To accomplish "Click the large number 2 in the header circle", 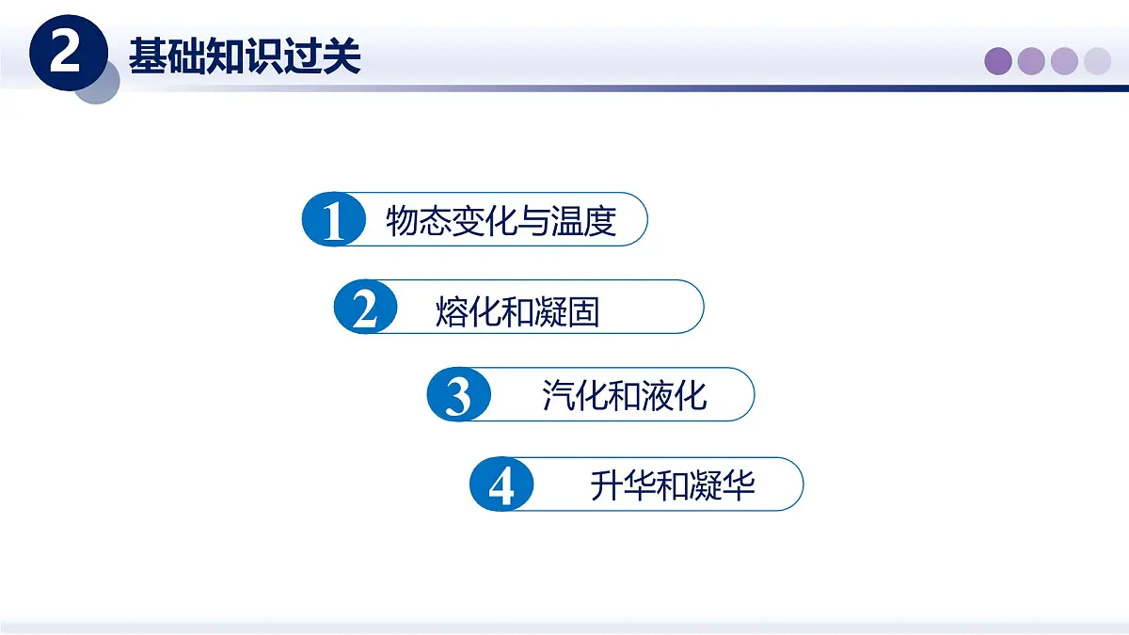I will [65, 55].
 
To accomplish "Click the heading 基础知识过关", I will [245, 56].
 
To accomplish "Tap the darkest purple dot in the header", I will [998, 61].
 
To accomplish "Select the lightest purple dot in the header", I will [1097, 61].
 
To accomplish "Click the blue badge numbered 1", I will [334, 221].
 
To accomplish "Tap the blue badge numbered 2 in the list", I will [365, 308].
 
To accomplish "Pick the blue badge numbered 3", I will [458, 395].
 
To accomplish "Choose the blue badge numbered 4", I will [501, 485].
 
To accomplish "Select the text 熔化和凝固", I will [517, 310].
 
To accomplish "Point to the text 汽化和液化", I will [624, 395].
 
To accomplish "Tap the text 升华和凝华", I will [673, 485].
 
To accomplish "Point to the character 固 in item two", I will [583, 310].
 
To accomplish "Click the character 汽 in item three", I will [558, 395].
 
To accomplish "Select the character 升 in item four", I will [607, 485].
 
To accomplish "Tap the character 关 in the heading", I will [344, 56].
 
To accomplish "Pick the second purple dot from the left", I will [1031, 61].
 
